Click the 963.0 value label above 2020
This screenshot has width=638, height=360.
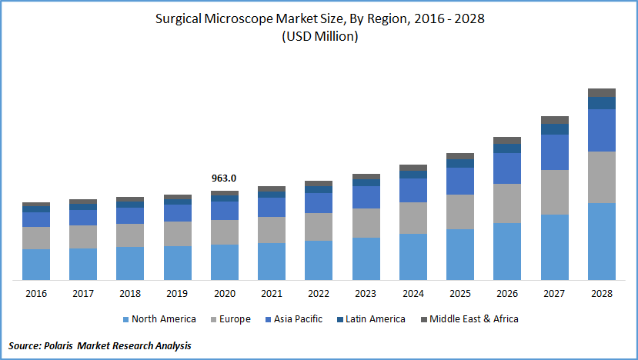pyautogui.click(x=224, y=178)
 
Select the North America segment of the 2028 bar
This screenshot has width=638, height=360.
pyautogui.click(x=602, y=241)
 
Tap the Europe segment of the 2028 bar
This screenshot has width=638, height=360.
pyautogui.click(x=602, y=177)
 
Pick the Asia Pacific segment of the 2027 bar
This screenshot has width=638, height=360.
pyautogui.click(x=555, y=152)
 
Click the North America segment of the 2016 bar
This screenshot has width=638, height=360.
pyautogui.click(x=36, y=264)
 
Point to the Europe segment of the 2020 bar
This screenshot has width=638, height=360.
pyautogui.click(x=224, y=232)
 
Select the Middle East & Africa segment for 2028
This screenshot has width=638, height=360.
pyautogui.click(x=602, y=92)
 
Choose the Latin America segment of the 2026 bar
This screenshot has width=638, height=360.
pyautogui.click(x=507, y=148)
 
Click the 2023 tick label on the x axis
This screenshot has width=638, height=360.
pyautogui.click(x=366, y=293)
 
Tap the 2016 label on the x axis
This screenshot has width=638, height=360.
pyautogui.click(x=36, y=293)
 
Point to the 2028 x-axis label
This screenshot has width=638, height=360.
pyautogui.click(x=602, y=293)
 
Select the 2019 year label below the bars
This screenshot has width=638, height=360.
pyautogui.click(x=177, y=293)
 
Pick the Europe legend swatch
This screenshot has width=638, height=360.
pyautogui.click(x=213, y=319)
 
